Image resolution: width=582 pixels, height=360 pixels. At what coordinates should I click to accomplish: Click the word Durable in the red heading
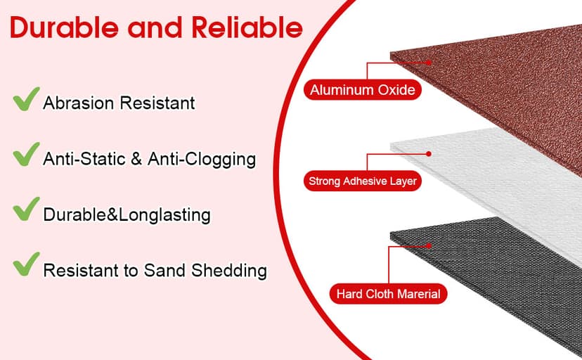[x=64, y=28]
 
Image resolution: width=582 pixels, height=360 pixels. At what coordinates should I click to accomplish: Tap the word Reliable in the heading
[x=247, y=28]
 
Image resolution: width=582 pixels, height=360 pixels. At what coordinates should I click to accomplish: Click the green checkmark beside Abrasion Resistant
[x=26, y=98]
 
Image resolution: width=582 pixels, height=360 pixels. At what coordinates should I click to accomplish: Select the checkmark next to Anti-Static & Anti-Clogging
[x=26, y=154]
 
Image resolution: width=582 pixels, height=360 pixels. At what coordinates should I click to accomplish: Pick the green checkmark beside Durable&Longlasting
[x=26, y=209]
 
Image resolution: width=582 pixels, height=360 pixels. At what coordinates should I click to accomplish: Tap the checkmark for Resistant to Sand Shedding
[x=26, y=264]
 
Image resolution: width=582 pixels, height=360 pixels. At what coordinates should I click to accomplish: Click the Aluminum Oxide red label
[x=363, y=90]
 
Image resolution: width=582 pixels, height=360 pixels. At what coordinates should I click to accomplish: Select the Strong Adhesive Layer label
[x=363, y=181]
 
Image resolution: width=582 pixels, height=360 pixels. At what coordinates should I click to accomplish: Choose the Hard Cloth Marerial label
[x=388, y=294]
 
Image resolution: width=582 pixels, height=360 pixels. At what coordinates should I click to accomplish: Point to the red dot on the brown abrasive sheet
[x=429, y=63]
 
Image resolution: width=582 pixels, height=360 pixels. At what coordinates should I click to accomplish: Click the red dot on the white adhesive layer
[x=429, y=154]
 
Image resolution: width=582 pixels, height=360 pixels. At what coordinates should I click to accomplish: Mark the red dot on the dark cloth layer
[x=429, y=245]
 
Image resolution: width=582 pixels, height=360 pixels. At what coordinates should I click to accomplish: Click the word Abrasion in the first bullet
[x=78, y=103]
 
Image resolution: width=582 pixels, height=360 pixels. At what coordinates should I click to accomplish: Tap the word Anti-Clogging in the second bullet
[x=202, y=160]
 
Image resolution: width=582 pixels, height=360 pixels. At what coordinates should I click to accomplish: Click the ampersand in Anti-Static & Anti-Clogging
[x=136, y=159]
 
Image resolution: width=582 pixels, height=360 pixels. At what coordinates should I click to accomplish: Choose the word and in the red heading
[x=155, y=28]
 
